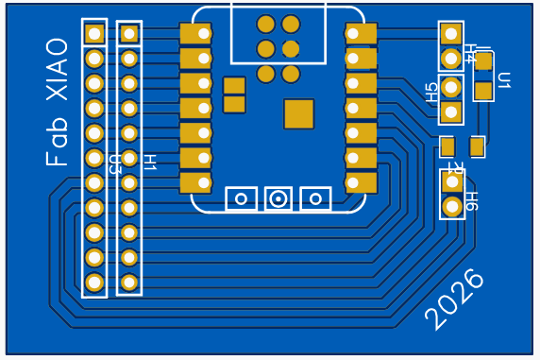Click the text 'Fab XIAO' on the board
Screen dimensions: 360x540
coord(58,103)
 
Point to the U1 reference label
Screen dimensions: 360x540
coord(503,80)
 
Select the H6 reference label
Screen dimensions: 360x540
coord(471,200)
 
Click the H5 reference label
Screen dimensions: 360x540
coord(432,92)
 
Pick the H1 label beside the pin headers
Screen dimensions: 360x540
coord(148,162)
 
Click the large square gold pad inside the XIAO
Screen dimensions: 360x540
coord(298,113)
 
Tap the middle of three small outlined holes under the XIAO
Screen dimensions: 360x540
coord(278,198)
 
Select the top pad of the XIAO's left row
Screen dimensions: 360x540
coord(195,34)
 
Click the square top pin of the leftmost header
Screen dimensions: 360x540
coord(94,34)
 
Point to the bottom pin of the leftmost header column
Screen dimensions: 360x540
coord(94,282)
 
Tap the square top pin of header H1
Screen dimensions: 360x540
coord(129,34)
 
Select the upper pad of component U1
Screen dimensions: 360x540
coord(483,62)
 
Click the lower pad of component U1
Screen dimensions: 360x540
coord(483,91)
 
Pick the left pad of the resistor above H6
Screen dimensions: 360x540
coord(447,146)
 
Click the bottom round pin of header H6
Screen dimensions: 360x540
coord(452,206)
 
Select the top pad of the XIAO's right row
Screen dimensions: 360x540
coord(361,34)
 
